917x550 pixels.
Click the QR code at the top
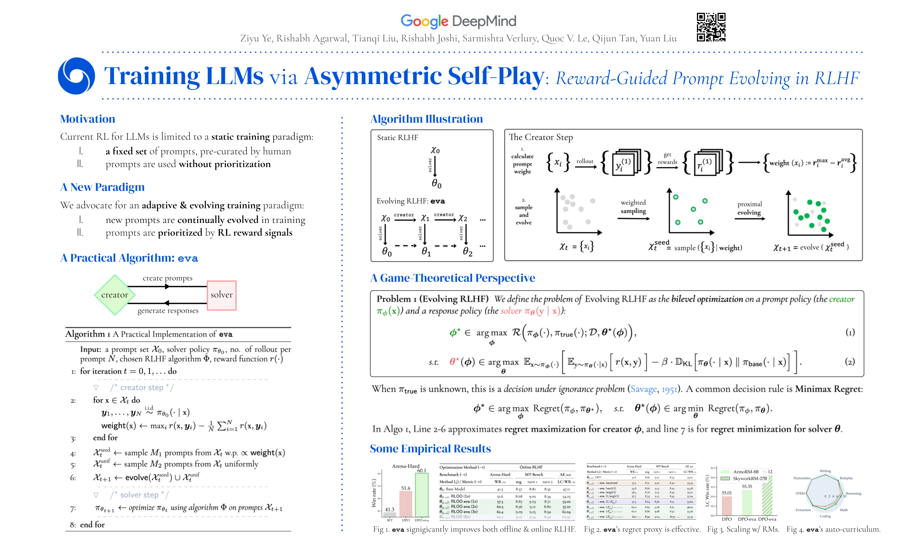(710, 27)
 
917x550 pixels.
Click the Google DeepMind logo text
(458, 21)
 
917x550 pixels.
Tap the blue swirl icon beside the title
(76, 76)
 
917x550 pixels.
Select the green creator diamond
(114, 295)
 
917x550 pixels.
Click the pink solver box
(221, 295)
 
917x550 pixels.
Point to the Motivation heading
(87, 119)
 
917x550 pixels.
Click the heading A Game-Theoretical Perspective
(452, 278)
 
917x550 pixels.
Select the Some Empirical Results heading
(430, 448)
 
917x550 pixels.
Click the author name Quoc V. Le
(565, 38)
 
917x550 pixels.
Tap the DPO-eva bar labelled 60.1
(421, 495)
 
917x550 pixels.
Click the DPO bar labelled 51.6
(405, 504)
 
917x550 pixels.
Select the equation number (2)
(850, 362)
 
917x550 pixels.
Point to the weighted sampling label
(633, 206)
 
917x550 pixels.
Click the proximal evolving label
(749, 208)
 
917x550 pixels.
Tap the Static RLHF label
(397, 137)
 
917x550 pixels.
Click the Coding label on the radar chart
(825, 516)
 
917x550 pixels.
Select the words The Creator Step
(540, 137)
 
